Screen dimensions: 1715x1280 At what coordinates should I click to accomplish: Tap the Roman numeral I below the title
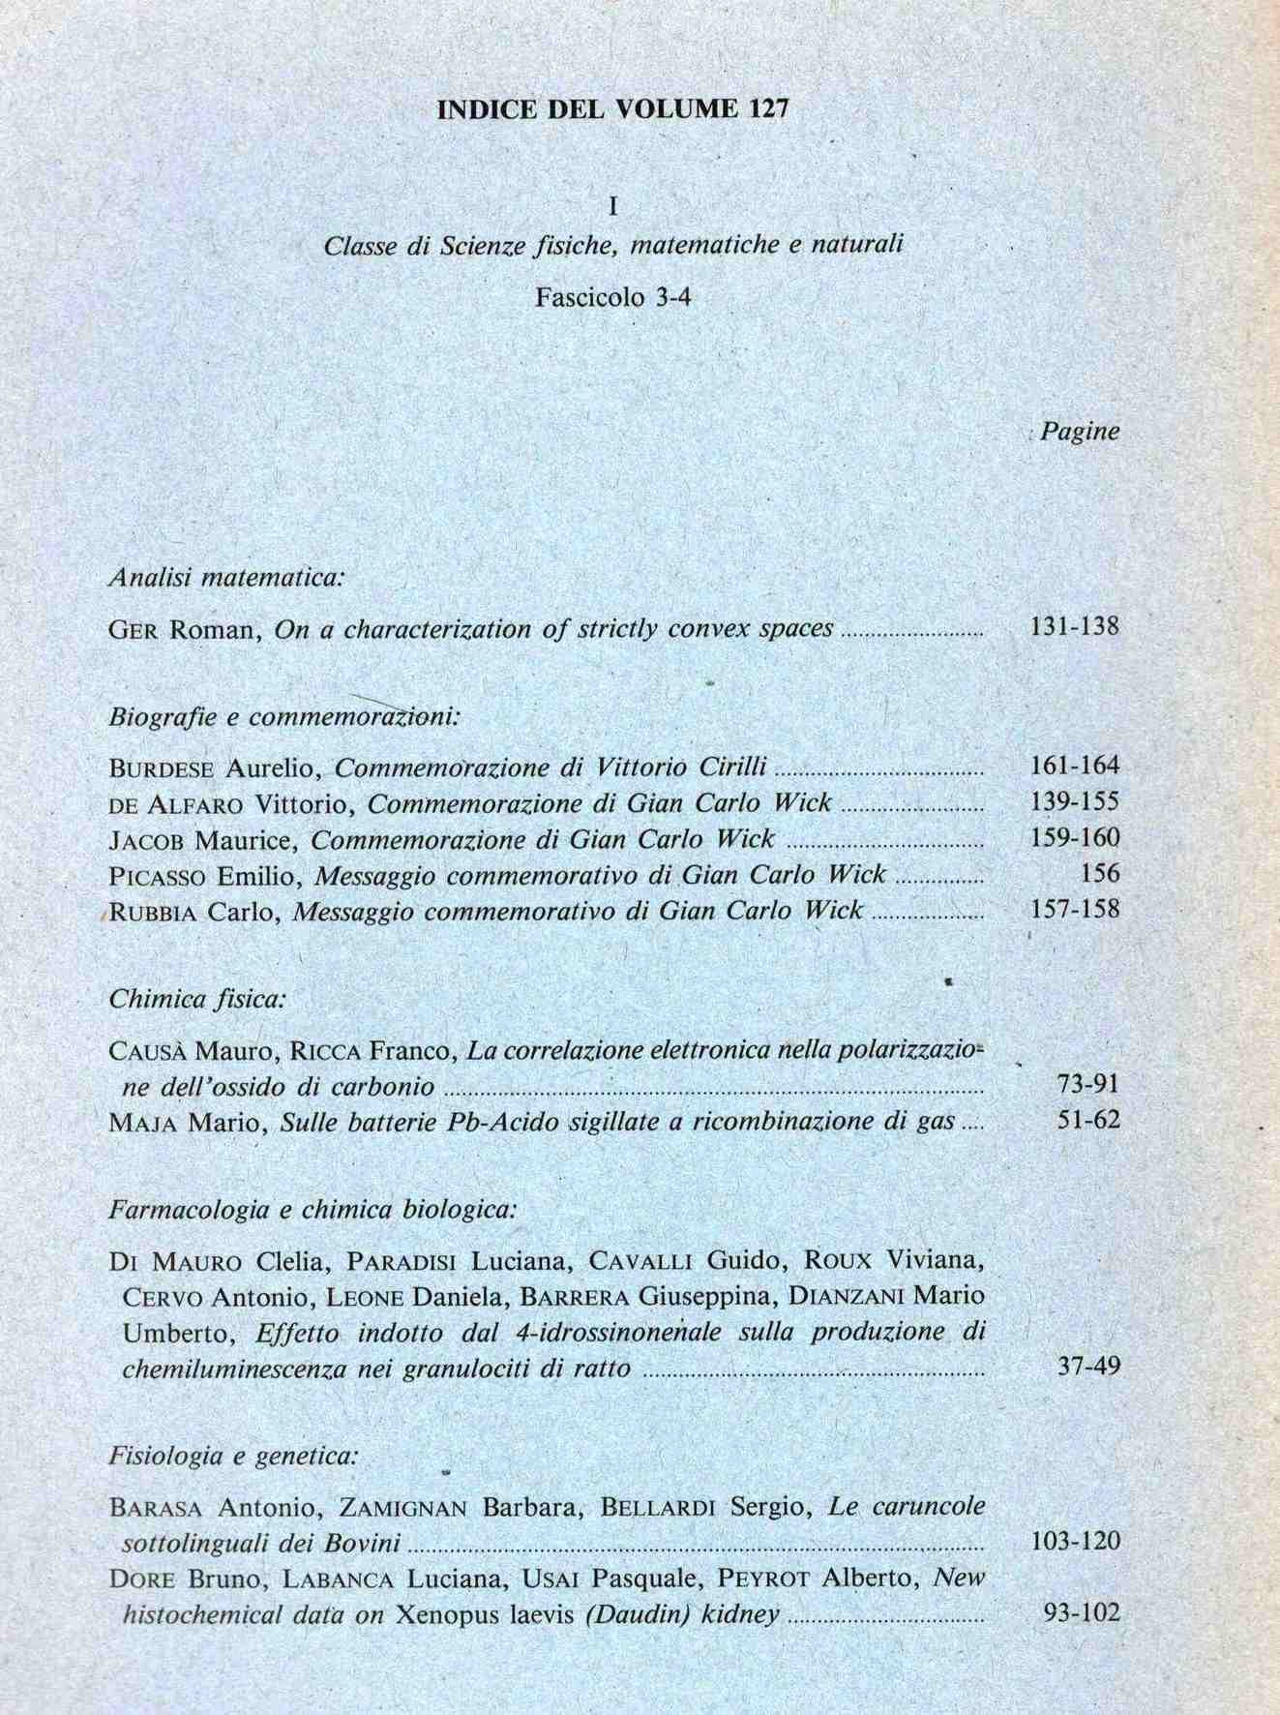click(613, 207)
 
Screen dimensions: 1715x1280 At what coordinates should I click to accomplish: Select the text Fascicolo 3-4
click(613, 297)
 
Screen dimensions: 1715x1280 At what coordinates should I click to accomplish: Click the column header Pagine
click(1080, 431)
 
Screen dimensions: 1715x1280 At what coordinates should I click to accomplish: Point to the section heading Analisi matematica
click(226, 578)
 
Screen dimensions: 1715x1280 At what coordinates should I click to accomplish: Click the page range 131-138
click(1074, 626)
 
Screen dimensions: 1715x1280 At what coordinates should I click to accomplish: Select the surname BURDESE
click(164, 768)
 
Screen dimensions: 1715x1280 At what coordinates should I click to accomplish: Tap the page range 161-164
click(1074, 767)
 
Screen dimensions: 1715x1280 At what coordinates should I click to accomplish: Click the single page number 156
click(1099, 874)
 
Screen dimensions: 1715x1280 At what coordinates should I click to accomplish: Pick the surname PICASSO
click(158, 876)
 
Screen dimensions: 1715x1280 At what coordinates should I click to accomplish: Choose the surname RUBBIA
click(155, 912)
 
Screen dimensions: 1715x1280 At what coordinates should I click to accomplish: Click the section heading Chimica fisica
click(197, 999)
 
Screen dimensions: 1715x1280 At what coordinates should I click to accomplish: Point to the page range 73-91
click(1088, 1084)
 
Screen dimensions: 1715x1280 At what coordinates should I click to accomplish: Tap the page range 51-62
click(1088, 1121)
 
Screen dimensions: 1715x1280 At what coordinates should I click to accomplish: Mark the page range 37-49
click(1088, 1368)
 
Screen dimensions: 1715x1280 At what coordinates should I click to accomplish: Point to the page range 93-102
click(1082, 1612)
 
